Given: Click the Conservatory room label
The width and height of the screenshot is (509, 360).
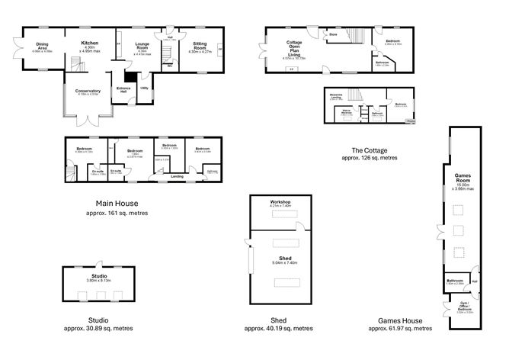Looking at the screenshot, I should (x=88, y=92).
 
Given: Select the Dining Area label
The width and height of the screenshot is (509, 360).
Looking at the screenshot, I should (x=43, y=46).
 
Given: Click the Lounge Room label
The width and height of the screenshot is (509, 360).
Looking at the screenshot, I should (x=141, y=47).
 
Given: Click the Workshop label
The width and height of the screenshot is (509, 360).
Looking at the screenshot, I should (x=280, y=202).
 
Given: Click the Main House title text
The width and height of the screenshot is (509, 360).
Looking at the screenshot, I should (x=116, y=204).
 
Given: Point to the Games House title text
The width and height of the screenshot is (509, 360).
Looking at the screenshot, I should (x=401, y=320).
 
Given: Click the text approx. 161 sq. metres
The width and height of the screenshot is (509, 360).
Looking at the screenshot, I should (x=116, y=213).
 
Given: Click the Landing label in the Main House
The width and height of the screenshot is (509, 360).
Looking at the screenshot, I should (x=177, y=176).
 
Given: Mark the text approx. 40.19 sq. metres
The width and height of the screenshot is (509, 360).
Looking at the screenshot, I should (x=278, y=328).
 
